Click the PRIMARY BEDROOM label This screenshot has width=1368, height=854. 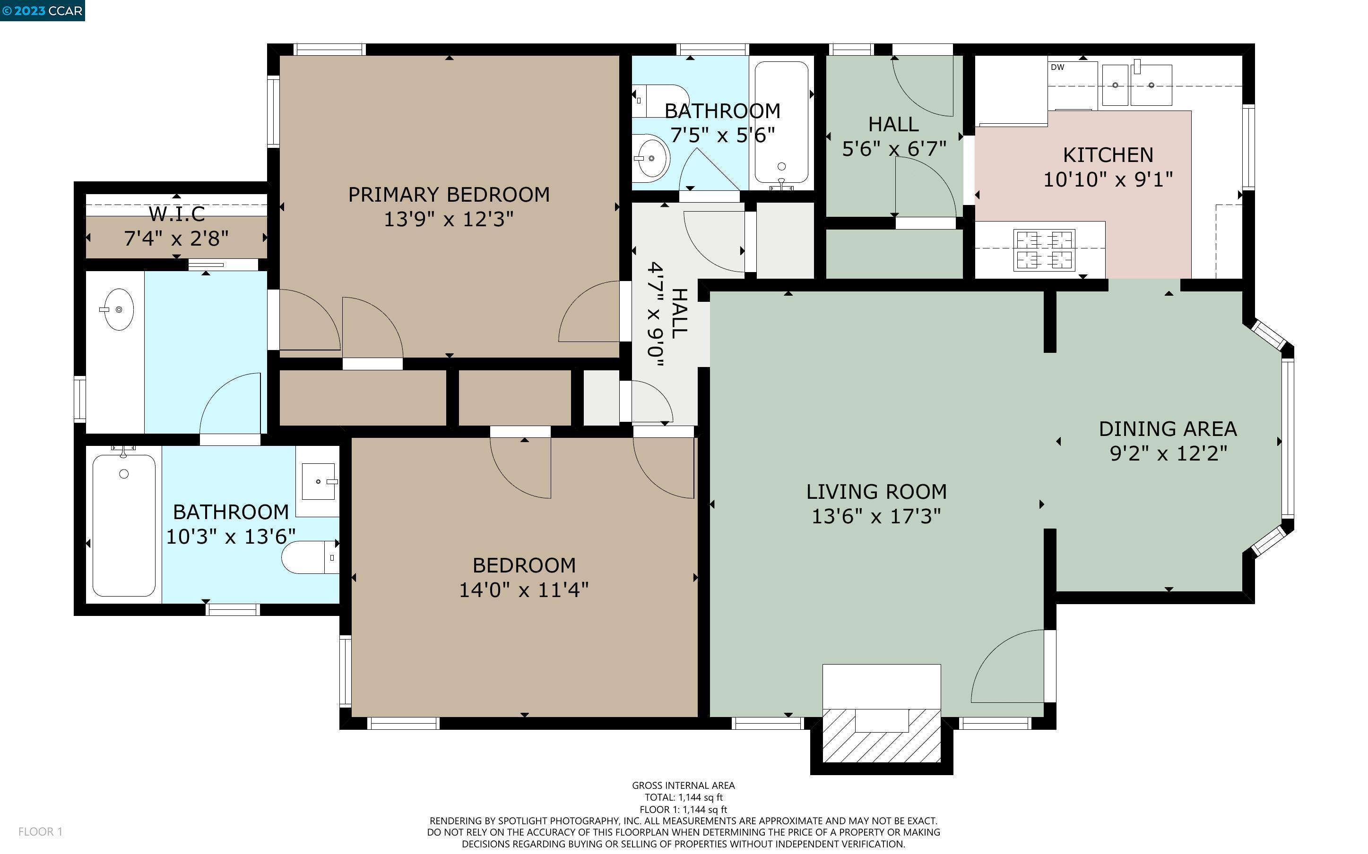(x=449, y=194)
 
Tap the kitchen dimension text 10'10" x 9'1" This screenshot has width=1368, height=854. (x=1108, y=179)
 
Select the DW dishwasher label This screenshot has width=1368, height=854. (x=1057, y=67)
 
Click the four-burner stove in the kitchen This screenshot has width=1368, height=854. (x=1044, y=250)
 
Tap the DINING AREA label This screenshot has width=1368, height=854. (x=1168, y=429)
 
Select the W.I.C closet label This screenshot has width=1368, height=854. (x=176, y=214)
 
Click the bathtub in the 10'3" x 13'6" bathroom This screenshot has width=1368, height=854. (x=124, y=525)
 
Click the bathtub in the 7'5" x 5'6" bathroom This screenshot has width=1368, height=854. (x=781, y=122)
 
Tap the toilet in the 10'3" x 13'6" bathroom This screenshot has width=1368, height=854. (x=310, y=557)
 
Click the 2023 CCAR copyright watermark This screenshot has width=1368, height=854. (x=43, y=11)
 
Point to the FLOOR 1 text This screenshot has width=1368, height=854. (x=40, y=831)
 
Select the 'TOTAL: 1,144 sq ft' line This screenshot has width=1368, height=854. (x=684, y=797)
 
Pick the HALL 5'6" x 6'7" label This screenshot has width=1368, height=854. (x=894, y=136)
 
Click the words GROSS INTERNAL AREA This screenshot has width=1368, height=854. (x=683, y=785)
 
